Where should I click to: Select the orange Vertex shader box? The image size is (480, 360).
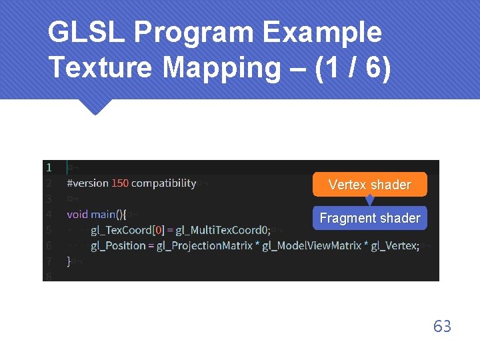(x=369, y=185)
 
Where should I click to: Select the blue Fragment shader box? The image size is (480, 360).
(x=369, y=218)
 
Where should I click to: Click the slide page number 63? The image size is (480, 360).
(x=442, y=326)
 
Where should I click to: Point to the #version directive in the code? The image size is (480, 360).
(x=88, y=183)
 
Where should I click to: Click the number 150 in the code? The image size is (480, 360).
(x=120, y=183)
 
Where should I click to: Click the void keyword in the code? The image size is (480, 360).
(x=77, y=215)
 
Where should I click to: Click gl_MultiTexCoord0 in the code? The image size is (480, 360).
(x=222, y=230)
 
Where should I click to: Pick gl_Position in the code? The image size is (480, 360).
(x=118, y=245)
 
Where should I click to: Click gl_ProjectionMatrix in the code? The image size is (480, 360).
(x=203, y=245)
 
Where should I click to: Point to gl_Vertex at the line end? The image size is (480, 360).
(x=393, y=245)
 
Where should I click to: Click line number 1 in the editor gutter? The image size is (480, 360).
(x=49, y=167)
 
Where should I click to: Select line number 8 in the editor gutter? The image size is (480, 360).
(x=49, y=276)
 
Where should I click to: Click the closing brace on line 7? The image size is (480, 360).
(x=69, y=261)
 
